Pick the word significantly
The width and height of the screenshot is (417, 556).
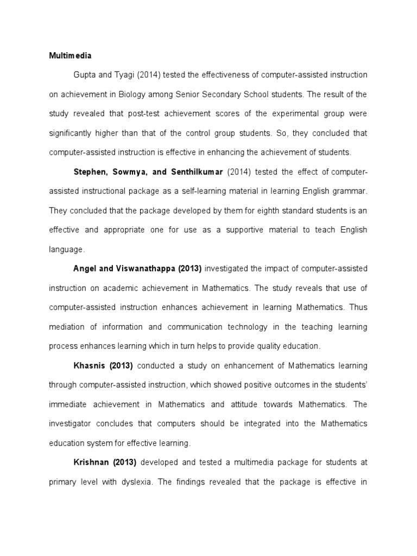point(71,133)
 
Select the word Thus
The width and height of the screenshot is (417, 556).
point(358,307)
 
